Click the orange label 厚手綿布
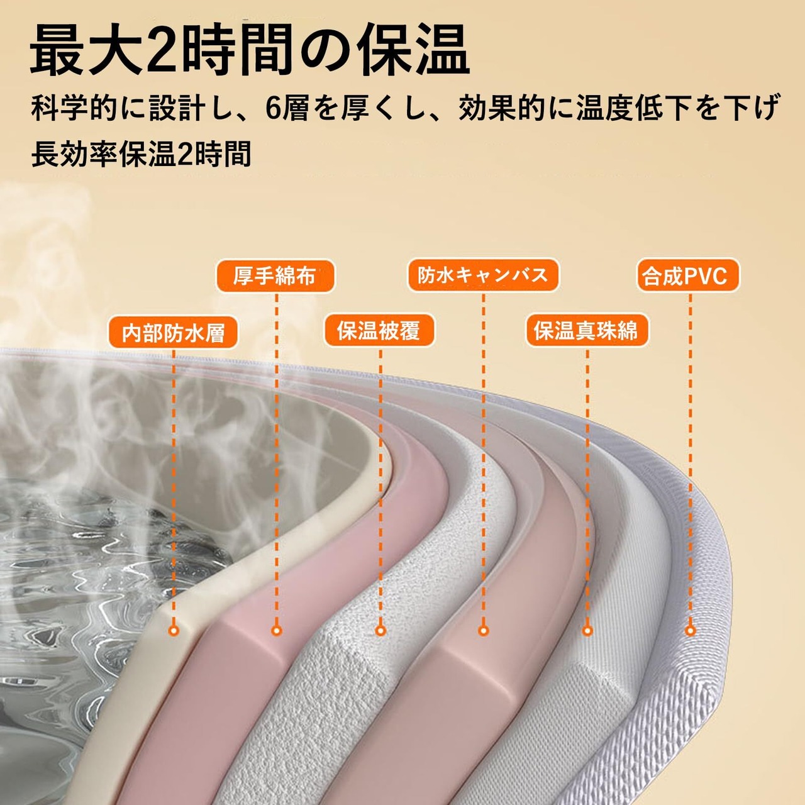point(275,276)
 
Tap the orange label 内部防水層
point(173,333)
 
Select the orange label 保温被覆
point(379,331)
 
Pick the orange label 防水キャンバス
point(483,275)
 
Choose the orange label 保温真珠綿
point(586,331)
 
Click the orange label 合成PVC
point(687,276)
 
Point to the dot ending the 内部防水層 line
point(174,630)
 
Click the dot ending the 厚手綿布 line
point(276,630)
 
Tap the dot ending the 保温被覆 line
point(380,630)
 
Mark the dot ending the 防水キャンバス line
point(483,630)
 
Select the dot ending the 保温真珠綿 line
point(587,630)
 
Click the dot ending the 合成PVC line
point(690,630)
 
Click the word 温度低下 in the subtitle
point(635,108)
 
